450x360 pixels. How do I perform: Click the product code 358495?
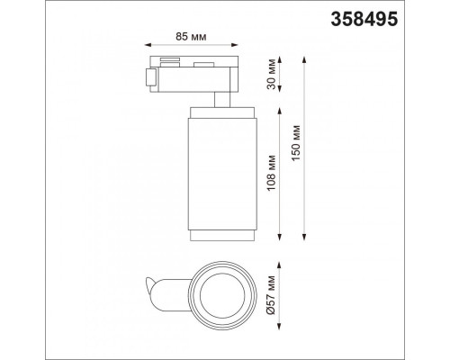(364, 19)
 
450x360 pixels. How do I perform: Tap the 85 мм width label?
(191, 37)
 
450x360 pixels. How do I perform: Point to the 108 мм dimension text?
(272, 173)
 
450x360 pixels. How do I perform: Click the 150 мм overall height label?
(296, 143)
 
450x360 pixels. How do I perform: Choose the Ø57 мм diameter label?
(272, 294)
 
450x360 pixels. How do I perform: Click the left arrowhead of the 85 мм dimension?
(148, 45)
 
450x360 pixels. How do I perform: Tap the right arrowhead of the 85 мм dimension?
(235, 45)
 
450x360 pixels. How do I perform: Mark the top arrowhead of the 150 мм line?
(304, 59)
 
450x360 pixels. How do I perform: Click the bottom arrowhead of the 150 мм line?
(304, 237)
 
